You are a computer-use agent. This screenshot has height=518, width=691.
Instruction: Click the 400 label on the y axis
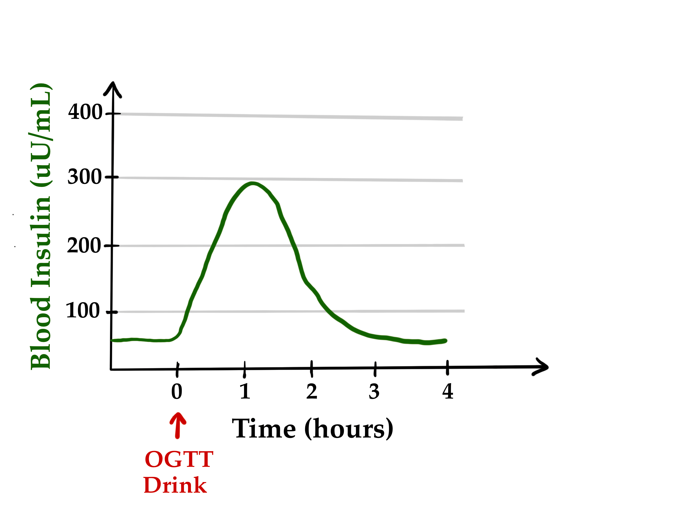(85, 112)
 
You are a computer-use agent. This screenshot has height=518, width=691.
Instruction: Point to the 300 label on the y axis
(84, 177)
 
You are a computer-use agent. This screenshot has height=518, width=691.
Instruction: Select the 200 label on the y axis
(84, 246)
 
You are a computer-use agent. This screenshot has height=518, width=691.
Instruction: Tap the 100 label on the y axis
(82, 311)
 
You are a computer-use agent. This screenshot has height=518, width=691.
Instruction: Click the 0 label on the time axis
(177, 392)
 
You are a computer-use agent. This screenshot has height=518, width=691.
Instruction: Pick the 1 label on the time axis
(245, 392)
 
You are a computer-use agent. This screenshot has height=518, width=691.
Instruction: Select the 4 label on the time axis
(448, 392)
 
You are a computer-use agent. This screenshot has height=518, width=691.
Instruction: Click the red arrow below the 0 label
(178, 425)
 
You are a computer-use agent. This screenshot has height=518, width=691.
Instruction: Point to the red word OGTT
(179, 460)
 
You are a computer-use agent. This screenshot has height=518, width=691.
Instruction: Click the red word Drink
(175, 486)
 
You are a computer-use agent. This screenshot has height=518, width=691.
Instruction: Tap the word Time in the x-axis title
(264, 429)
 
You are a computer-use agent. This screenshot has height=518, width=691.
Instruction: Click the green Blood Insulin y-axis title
(41, 227)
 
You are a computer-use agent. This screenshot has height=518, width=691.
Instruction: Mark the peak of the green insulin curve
(252, 184)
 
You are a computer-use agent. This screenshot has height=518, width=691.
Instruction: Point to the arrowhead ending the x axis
(542, 367)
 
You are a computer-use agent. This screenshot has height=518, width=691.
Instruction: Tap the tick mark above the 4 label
(447, 368)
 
